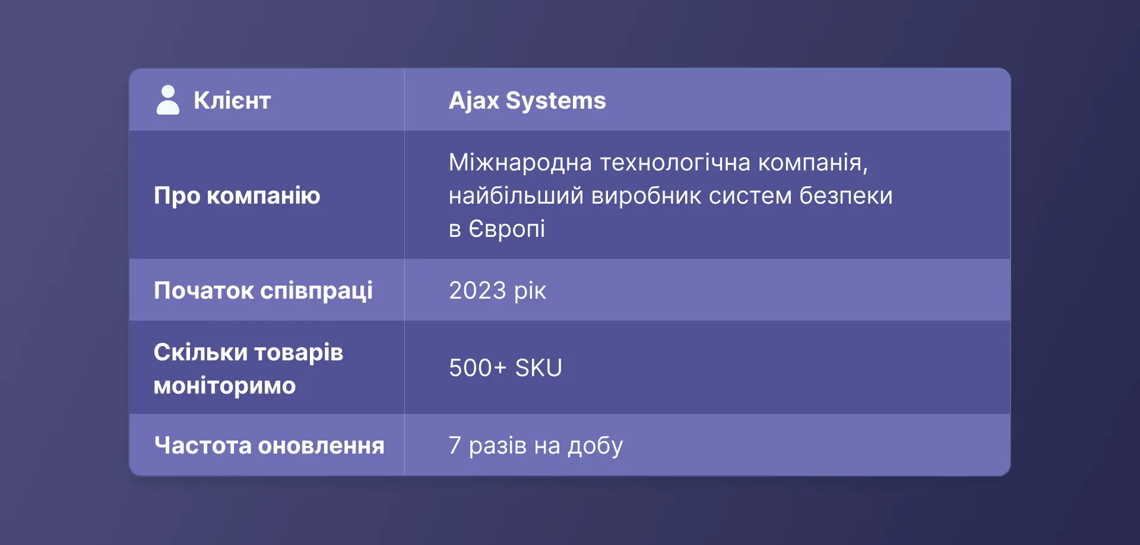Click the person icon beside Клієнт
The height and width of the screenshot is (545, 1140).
point(167,100)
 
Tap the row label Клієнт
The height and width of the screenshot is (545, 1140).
point(232,100)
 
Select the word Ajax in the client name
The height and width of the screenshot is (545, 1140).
point(474,100)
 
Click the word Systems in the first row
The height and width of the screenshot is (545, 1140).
point(556,100)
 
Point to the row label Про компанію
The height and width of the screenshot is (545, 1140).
point(237,195)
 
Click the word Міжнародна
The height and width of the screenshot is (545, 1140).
point(520,162)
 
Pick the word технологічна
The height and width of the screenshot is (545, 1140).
point(675,162)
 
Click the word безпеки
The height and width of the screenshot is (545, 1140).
point(846,195)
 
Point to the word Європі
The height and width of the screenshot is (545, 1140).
point(506,229)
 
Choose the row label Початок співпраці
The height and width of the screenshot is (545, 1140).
point(263,290)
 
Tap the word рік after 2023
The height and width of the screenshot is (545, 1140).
point(530,291)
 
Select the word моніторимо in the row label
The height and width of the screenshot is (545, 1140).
point(224,386)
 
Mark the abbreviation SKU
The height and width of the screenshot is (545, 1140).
point(539,367)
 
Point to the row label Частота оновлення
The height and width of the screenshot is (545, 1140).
point(269,445)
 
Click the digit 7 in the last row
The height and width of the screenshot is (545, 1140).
point(455,445)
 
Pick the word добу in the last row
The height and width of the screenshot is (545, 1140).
point(596,446)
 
